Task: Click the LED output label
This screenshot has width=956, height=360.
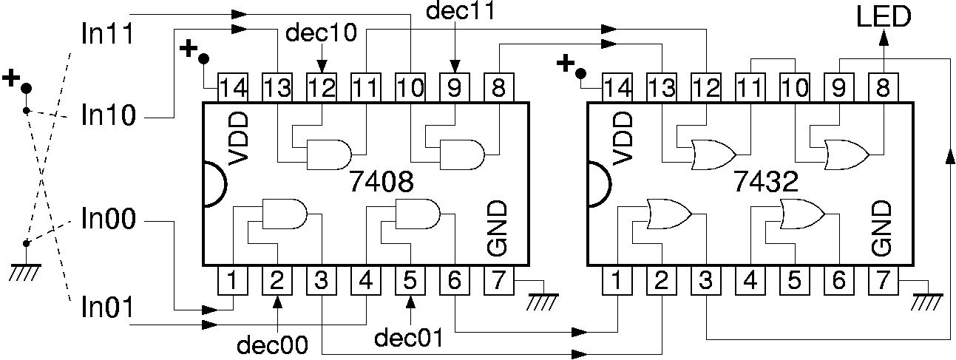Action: coord(884,16)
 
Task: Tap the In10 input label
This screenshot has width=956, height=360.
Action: coord(107,116)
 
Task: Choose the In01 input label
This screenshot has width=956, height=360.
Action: coord(107,308)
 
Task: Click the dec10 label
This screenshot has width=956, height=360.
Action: coord(322,34)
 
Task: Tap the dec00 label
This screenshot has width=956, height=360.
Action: coord(272,344)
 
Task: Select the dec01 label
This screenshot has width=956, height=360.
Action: coord(409,338)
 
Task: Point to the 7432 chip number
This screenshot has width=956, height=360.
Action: coord(766,182)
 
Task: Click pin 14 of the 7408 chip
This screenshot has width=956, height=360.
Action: coord(232,88)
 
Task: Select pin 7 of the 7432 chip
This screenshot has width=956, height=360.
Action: coord(883,281)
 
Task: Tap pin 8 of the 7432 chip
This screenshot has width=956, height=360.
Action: coord(883,88)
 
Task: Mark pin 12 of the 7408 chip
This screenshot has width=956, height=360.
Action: coord(321,88)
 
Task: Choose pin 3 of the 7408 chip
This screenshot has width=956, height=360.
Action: coord(321,281)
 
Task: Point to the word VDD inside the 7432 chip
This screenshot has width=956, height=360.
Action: coord(622,137)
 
